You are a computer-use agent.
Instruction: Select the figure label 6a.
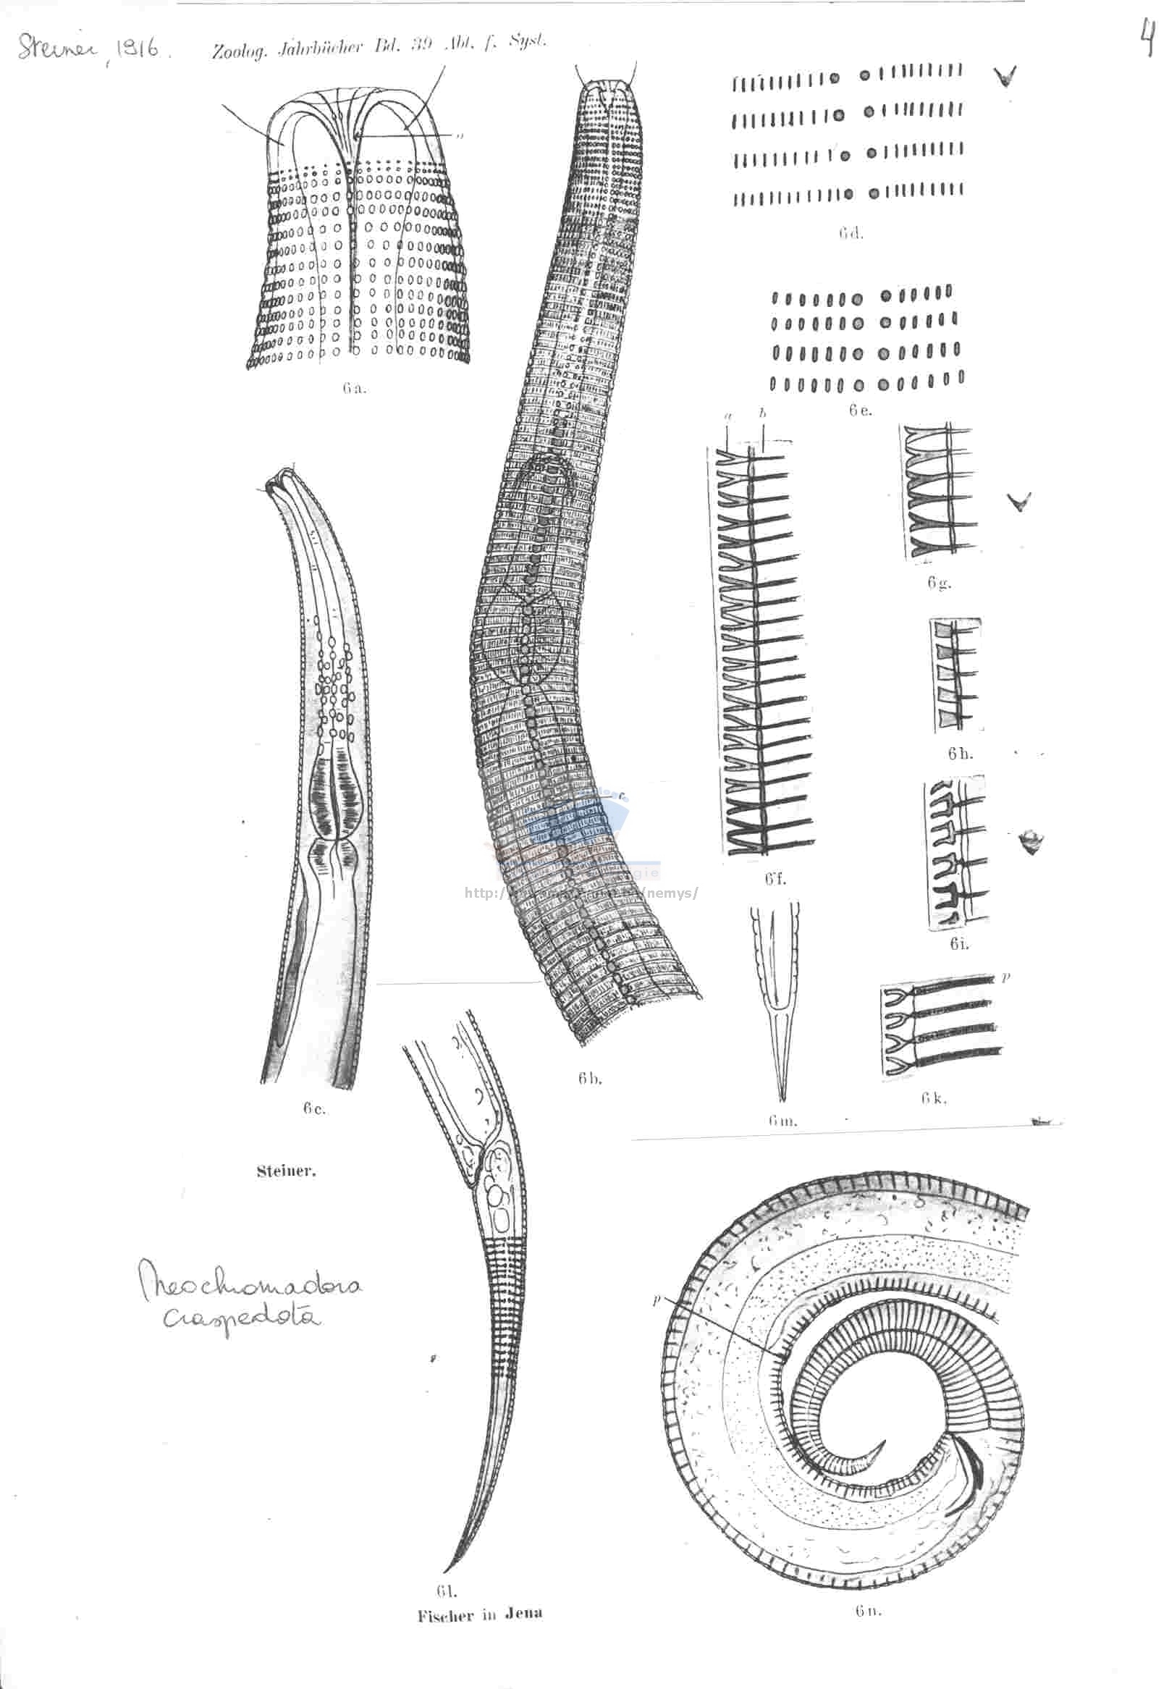pyautogui.click(x=354, y=389)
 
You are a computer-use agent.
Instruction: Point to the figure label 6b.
pyautogui.click(x=590, y=1077)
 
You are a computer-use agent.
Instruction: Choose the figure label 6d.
pyautogui.click(x=851, y=235)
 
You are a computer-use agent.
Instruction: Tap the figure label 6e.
pyautogui.click(x=861, y=411)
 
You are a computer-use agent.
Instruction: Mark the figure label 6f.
pyautogui.click(x=776, y=880)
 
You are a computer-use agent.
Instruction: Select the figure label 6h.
pyautogui.click(x=960, y=754)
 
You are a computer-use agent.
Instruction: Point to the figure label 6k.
pyautogui.click(x=934, y=1098)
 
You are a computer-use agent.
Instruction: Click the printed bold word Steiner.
pyautogui.click(x=286, y=1171)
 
